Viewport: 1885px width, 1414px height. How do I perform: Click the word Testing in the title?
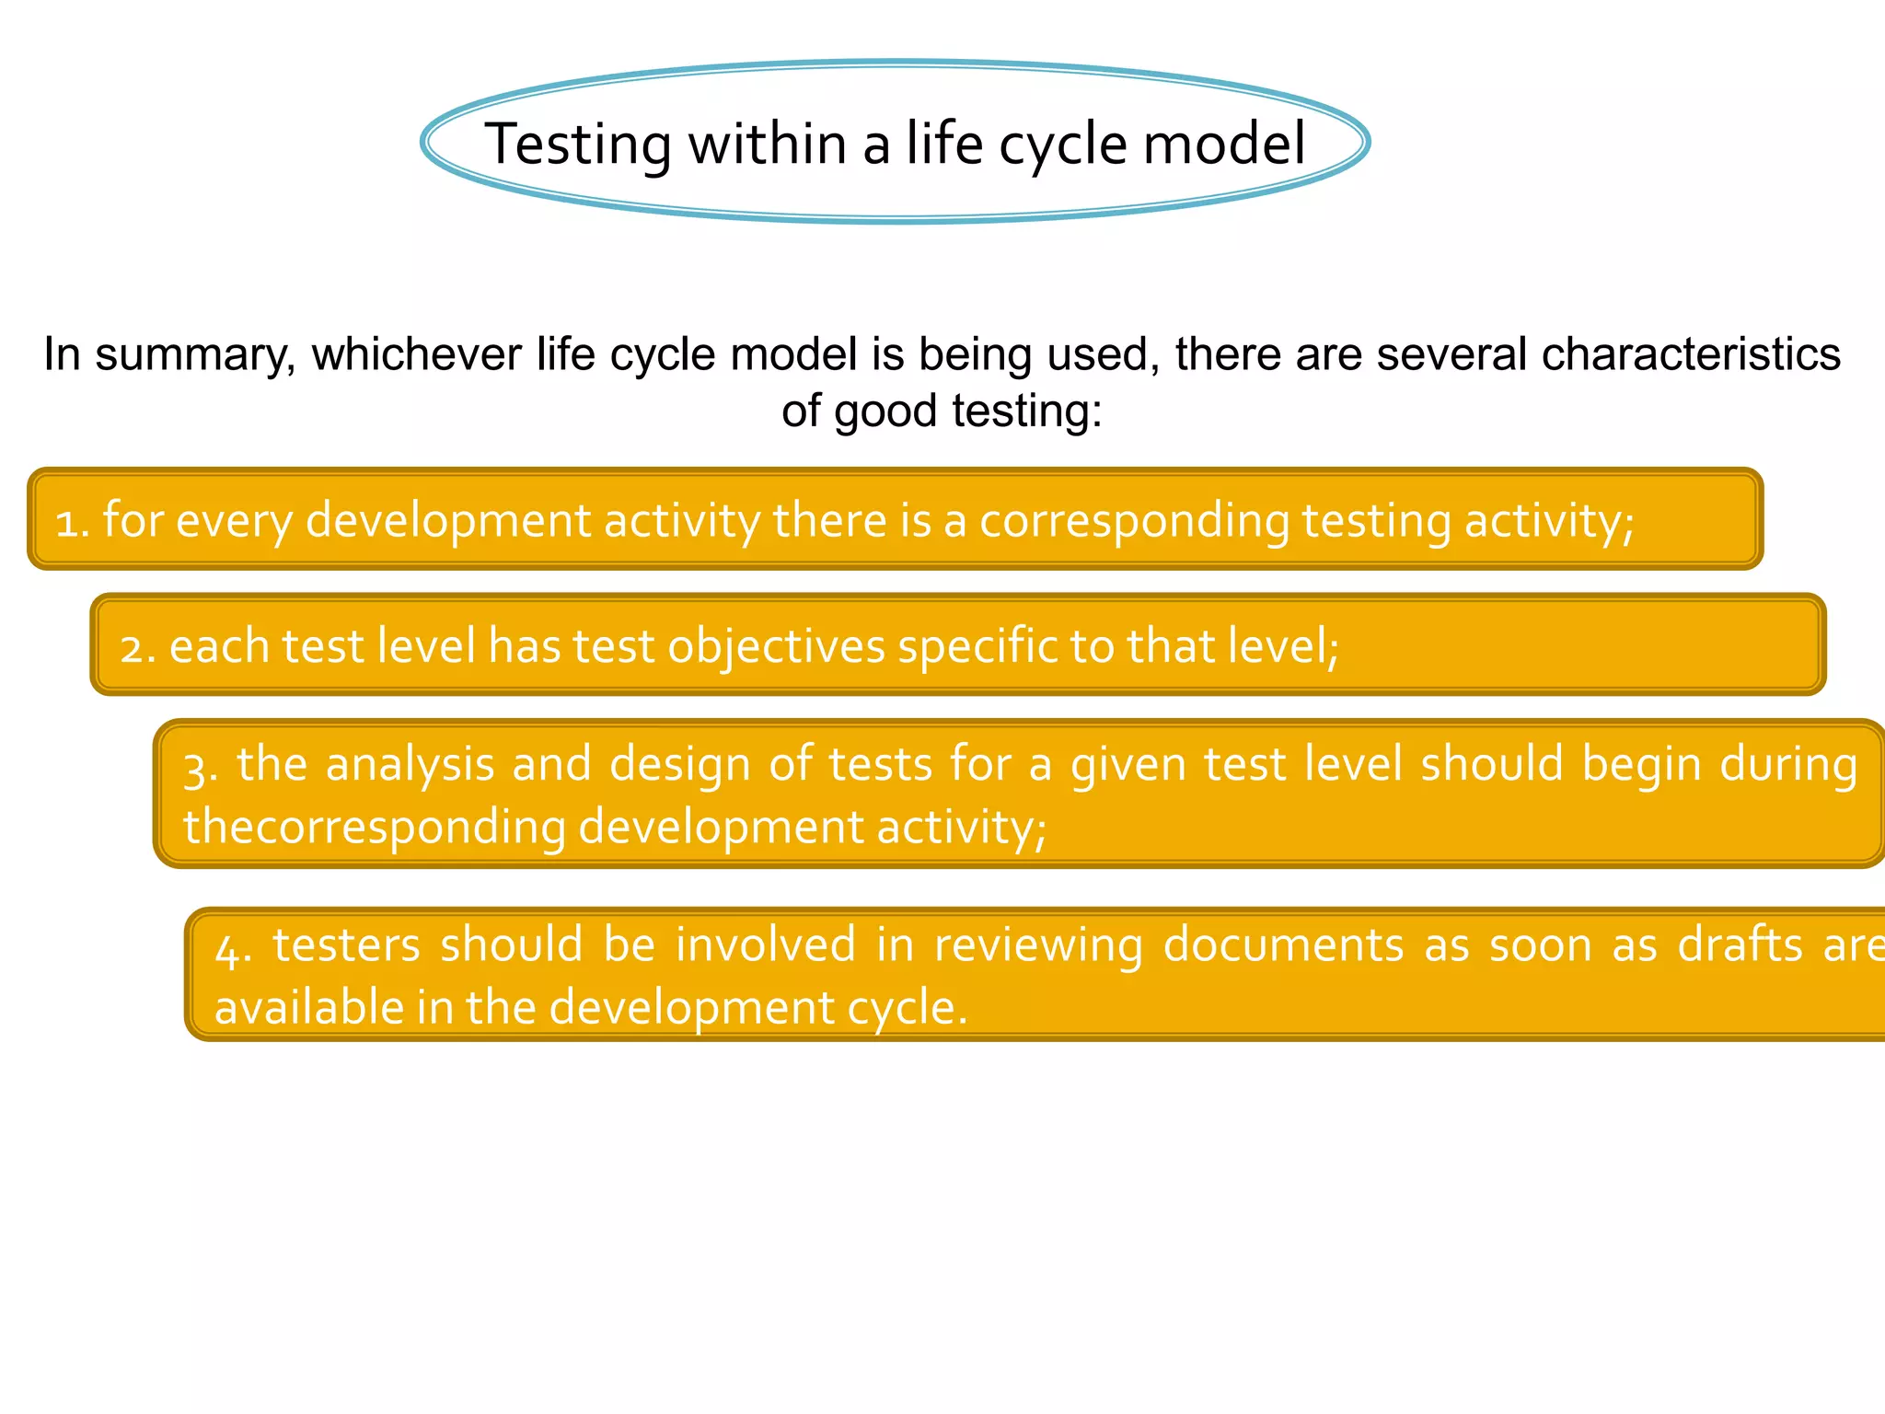pyautogui.click(x=578, y=145)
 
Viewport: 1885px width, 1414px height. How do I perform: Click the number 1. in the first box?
pyautogui.click(x=72, y=522)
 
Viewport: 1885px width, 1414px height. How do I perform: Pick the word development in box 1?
pyautogui.click(x=448, y=521)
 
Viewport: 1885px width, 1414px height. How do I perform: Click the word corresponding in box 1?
pyautogui.click(x=1134, y=521)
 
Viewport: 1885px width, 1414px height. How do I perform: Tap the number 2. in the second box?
pyautogui.click(x=138, y=647)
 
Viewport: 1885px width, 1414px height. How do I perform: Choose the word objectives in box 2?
pyautogui.click(x=776, y=646)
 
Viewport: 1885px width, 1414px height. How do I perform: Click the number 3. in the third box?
pyautogui.click(x=200, y=767)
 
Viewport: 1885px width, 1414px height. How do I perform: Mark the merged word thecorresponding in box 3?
pyautogui.click(x=374, y=827)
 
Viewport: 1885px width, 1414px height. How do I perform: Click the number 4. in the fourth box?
pyautogui.click(x=233, y=948)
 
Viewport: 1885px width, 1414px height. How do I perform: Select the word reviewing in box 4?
pyautogui.click(x=1038, y=946)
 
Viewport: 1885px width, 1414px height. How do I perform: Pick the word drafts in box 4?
pyautogui.click(x=1740, y=945)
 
